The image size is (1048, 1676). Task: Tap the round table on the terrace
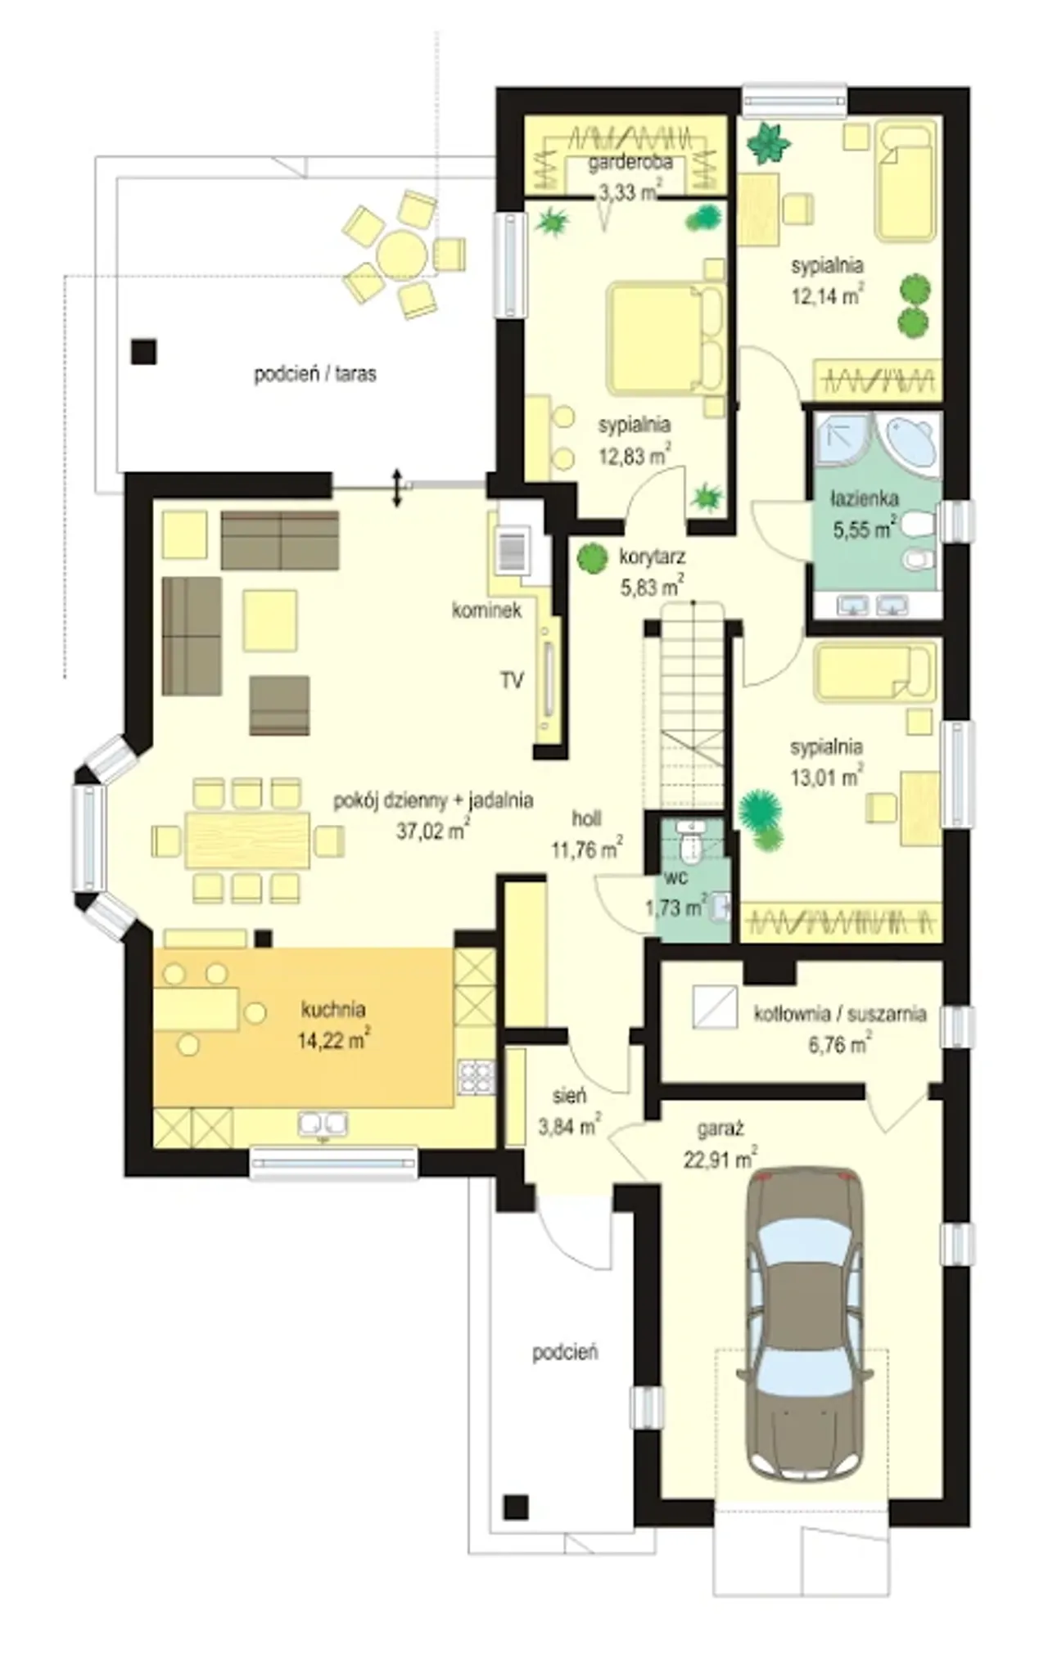(401, 254)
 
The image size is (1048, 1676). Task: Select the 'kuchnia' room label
(333, 1009)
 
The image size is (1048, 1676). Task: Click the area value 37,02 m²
(432, 830)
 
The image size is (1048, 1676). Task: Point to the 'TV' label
(512, 680)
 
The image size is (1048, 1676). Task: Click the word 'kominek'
(486, 610)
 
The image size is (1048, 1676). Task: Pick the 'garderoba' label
(630, 162)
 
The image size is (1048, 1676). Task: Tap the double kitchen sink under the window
(323, 1124)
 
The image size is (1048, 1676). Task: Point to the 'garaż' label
(720, 1130)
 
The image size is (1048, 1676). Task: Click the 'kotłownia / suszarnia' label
(840, 1014)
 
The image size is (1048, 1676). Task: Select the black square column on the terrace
(144, 352)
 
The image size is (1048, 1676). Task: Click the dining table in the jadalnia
(247, 840)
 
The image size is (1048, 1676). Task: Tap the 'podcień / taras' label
(315, 375)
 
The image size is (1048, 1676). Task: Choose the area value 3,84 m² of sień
(570, 1128)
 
